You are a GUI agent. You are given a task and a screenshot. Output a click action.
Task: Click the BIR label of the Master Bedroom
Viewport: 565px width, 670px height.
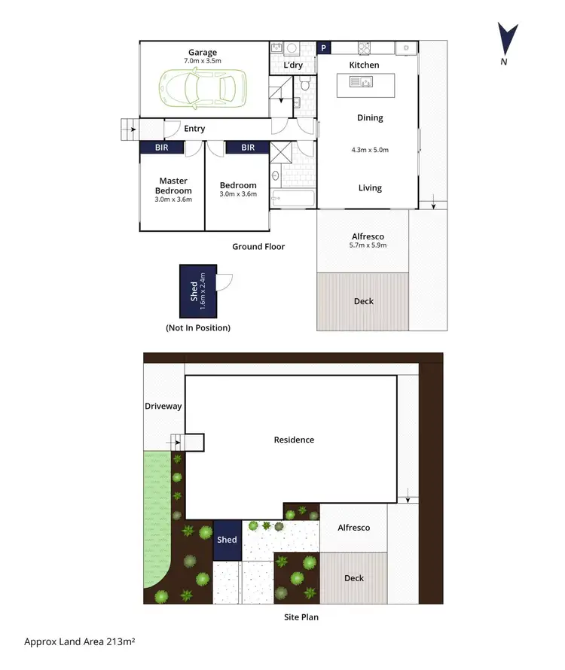pyautogui.click(x=162, y=148)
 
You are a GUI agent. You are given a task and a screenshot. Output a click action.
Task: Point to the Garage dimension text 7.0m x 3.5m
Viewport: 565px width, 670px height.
pyautogui.click(x=203, y=60)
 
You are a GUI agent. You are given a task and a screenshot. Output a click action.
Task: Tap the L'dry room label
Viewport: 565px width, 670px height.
pyautogui.click(x=293, y=65)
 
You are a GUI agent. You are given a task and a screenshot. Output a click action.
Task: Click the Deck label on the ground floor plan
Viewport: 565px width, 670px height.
pyautogui.click(x=364, y=301)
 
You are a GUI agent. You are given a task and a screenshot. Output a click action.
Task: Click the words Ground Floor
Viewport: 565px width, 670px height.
pyautogui.click(x=258, y=246)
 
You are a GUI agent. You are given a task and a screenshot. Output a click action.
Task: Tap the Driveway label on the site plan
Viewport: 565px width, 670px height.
pyautogui.click(x=163, y=407)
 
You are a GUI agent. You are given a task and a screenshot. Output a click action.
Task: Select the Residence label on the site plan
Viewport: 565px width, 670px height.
pyautogui.click(x=294, y=440)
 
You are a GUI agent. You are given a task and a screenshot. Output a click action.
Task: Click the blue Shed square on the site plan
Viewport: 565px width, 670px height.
pyautogui.click(x=227, y=540)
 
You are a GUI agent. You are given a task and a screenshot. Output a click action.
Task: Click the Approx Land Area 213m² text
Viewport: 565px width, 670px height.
pyautogui.click(x=79, y=642)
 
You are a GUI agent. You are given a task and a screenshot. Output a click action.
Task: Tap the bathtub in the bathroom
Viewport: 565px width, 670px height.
pyautogui.click(x=292, y=200)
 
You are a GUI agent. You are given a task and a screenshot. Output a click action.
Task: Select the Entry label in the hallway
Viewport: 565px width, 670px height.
pyautogui.click(x=194, y=129)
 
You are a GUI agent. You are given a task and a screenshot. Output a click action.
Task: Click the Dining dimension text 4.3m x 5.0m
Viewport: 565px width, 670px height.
pyautogui.click(x=370, y=150)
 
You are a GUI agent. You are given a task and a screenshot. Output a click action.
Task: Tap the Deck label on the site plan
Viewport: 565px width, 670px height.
pyautogui.click(x=354, y=578)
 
